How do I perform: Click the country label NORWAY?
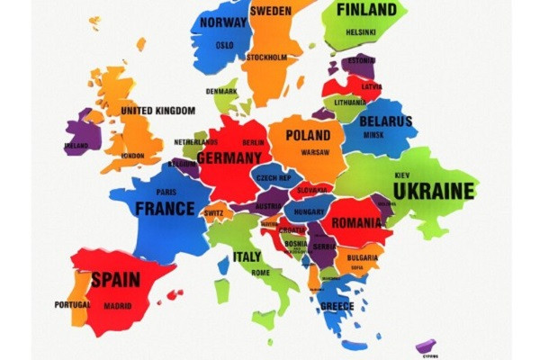pos(223,22)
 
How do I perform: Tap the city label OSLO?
pos(224,44)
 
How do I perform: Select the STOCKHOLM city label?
pos(266,58)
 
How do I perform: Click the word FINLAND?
pos(366,10)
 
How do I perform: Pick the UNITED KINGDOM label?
pos(157,111)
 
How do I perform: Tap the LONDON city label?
pos(132,156)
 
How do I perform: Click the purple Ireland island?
pos(80,135)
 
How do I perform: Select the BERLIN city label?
pos(253,142)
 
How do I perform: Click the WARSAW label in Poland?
pos(314,152)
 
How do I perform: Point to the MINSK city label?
pos(373,135)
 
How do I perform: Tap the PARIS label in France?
pos(166,192)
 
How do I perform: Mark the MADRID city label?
pos(117,305)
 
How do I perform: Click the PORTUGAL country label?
pos(72,304)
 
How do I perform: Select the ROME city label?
pos(260,273)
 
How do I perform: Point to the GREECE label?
pos(337,306)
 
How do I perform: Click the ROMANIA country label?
pos(356,222)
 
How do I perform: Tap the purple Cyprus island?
pos(426,346)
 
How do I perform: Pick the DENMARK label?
pos(221,91)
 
